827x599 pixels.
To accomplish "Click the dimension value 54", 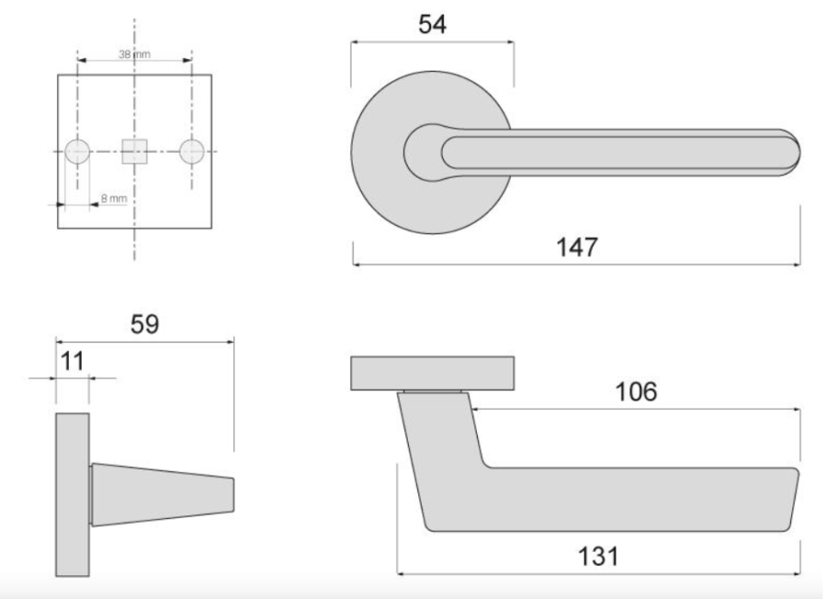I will [432, 24].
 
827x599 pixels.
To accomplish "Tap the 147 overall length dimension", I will [578, 247].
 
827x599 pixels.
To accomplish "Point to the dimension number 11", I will [72, 360].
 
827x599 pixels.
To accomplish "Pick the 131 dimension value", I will [598, 557].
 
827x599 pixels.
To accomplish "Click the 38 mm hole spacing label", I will [134, 54].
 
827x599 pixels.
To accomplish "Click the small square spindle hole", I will [134, 151].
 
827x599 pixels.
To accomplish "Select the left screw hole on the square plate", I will [77, 151].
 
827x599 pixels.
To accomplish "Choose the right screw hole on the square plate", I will [191, 151].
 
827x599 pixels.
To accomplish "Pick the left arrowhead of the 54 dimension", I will [356, 41].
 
